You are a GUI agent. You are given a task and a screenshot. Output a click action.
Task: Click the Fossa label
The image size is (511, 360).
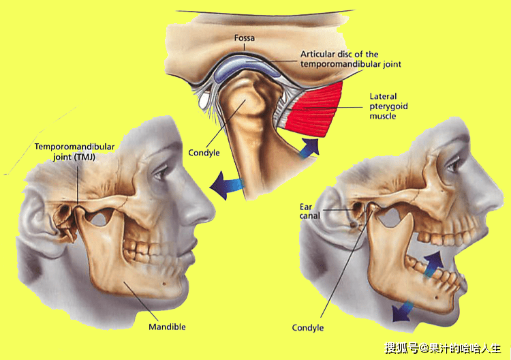(x=245, y=38)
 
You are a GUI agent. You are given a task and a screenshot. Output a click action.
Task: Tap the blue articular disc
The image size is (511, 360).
(x=247, y=67)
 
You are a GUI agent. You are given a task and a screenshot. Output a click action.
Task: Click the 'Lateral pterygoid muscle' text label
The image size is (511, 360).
(x=388, y=106)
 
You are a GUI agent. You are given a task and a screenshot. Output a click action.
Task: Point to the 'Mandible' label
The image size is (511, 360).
(x=167, y=327)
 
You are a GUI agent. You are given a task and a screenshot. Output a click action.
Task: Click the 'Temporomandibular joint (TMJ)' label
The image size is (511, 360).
(x=75, y=151)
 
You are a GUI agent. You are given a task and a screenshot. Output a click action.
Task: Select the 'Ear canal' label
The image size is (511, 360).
(x=309, y=211)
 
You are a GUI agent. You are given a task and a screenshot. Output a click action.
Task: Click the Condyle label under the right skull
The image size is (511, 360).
(x=308, y=328)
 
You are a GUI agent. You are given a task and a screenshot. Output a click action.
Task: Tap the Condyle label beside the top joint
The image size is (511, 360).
(x=204, y=153)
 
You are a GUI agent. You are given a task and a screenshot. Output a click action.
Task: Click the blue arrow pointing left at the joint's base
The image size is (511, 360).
(x=227, y=185)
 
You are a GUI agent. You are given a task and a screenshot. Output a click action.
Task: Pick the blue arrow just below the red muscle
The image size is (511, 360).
(x=309, y=148)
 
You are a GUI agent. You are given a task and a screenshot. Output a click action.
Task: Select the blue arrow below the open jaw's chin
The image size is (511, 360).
(x=403, y=311)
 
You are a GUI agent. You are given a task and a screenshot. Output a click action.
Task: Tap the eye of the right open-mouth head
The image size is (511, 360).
(x=454, y=166)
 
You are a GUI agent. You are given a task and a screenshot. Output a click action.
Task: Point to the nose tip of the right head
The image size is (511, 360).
(x=502, y=196)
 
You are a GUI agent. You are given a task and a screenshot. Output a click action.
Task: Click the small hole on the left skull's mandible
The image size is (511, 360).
(x=164, y=284)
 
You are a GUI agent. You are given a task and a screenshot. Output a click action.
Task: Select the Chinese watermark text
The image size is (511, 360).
(x=443, y=348)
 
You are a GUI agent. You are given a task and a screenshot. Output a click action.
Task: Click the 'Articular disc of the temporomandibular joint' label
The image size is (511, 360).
(x=351, y=59)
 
